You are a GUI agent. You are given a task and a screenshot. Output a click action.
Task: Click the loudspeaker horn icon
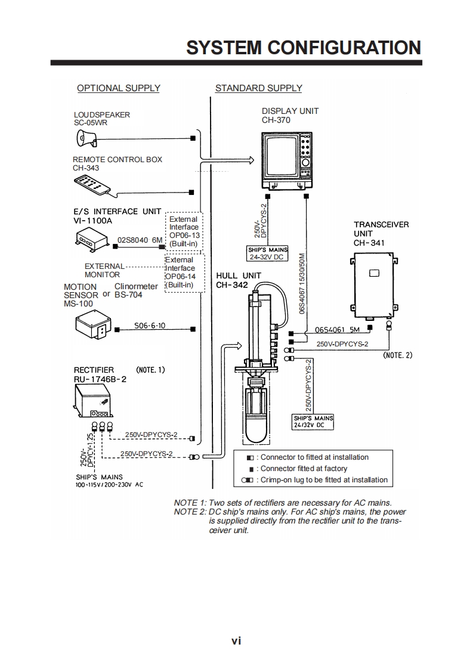tap(86, 139)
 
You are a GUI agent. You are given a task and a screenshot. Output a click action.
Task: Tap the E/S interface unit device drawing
tap(91, 240)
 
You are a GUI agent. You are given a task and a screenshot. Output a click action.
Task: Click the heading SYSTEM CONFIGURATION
tap(304, 47)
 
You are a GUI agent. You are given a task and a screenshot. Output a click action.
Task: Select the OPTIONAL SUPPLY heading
tap(119, 88)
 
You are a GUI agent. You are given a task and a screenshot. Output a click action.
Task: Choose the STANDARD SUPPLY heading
tap(258, 88)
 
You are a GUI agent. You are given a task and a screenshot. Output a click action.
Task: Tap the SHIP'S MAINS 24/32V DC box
tap(313, 422)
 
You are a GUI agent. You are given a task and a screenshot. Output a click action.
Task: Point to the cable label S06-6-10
tap(150, 326)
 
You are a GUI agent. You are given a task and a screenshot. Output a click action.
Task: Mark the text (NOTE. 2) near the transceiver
tap(397, 355)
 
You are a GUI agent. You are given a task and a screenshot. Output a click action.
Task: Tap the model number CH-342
tap(231, 285)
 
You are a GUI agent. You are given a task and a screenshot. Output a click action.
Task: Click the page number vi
tap(236, 641)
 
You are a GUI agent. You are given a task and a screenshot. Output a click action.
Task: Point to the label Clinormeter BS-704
tap(136, 290)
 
